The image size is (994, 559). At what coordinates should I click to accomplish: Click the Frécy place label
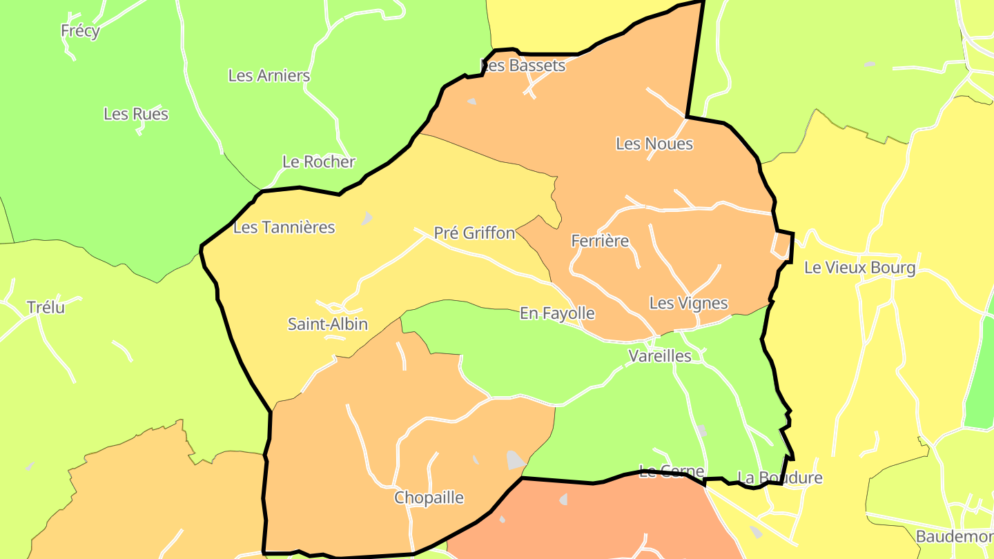[x=80, y=31]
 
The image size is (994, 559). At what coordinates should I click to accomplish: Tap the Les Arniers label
[x=269, y=76]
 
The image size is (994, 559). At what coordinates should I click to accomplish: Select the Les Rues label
[x=136, y=114]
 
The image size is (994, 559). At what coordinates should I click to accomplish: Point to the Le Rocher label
[x=319, y=162]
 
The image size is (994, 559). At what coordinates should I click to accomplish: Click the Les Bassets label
[x=523, y=66]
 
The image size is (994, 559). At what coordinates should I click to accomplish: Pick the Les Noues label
[x=654, y=144]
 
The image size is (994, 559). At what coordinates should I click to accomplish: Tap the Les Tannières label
[x=284, y=227]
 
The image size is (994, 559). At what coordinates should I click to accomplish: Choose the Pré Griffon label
[x=474, y=233]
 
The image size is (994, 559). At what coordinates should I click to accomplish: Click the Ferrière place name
[x=600, y=241]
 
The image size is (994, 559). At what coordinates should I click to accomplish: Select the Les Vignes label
[x=688, y=303]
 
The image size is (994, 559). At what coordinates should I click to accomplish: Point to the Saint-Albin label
[x=328, y=324]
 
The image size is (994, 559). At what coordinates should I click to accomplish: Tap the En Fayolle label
[x=557, y=313]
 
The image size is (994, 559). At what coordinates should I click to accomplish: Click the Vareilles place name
[x=660, y=356]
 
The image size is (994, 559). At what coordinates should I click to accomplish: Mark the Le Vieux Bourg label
[x=859, y=268]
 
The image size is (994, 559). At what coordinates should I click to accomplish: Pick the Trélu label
[x=46, y=307]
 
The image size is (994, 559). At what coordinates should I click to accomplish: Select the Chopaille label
[x=429, y=498]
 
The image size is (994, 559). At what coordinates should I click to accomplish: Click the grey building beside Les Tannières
[x=367, y=219]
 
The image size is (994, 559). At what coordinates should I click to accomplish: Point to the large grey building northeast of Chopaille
[x=515, y=460]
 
